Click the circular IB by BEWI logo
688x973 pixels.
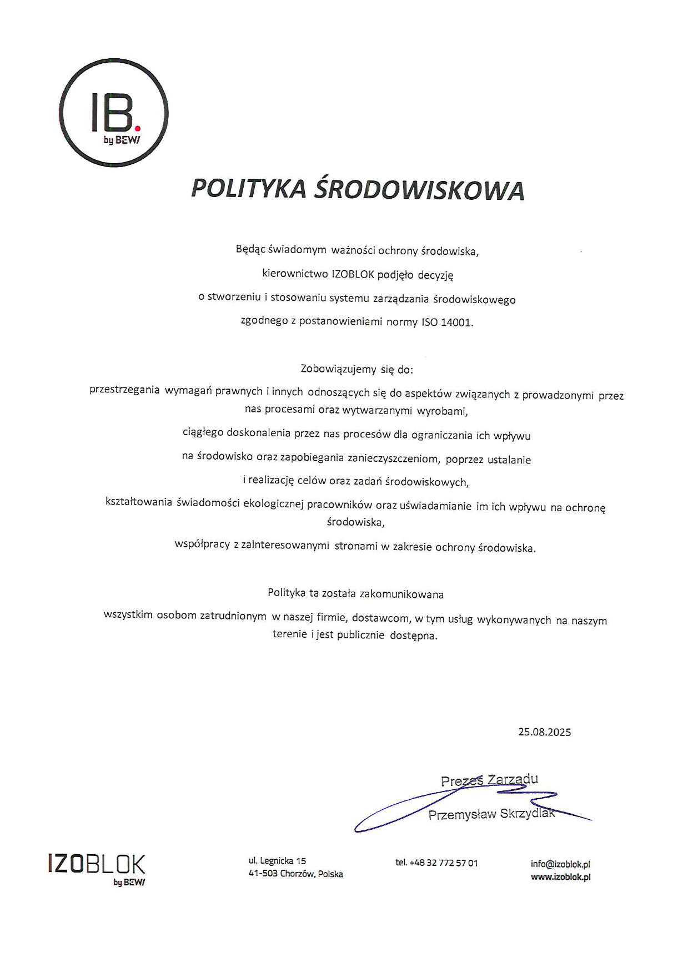113,113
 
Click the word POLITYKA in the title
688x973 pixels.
248,189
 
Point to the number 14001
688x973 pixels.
456,322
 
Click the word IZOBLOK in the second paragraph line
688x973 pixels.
353,274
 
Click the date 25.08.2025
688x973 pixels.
544,732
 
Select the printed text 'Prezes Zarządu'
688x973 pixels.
489,780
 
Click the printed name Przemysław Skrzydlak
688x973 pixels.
491,814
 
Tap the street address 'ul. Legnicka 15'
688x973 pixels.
277,861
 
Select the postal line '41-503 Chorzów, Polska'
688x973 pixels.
295,874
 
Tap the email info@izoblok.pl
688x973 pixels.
560,864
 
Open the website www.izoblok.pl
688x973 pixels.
560,877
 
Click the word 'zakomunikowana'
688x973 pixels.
401,594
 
